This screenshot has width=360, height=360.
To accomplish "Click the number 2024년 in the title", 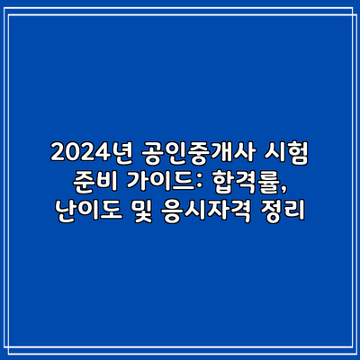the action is tap(91, 154).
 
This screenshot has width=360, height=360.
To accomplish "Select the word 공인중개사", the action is tap(198, 154).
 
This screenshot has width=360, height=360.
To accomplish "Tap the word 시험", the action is tap(286, 154).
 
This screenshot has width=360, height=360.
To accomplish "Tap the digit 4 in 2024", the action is tap(98, 154).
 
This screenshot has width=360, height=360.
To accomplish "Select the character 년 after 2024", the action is tap(120, 154).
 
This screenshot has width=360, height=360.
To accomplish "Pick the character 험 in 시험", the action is tap(298, 154).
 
